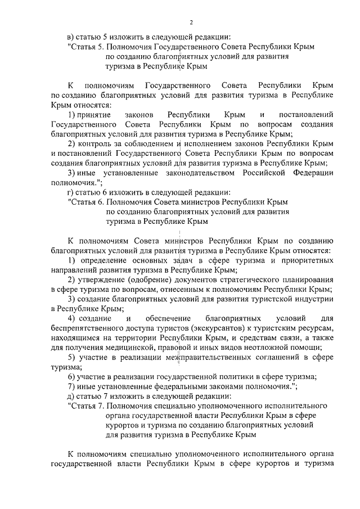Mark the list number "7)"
pos(71,386)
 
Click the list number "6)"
pos(71,376)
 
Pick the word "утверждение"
pos(100,280)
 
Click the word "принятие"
pos(94,115)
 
